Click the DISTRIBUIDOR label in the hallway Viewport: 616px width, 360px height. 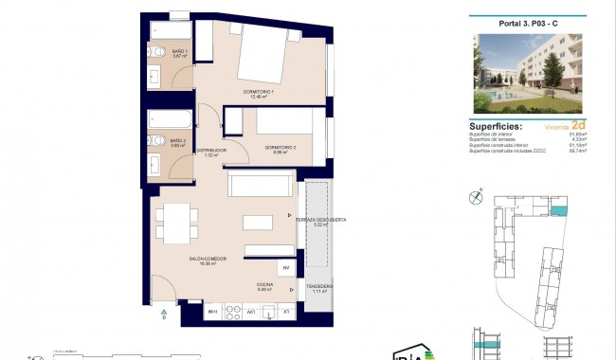pyautogui.click(x=210, y=151)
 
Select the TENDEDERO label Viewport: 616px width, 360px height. pyautogui.click(x=318, y=287)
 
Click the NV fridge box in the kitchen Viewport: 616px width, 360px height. pyautogui.click(x=284, y=269)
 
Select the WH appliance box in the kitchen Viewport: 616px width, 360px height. pyautogui.click(x=213, y=311)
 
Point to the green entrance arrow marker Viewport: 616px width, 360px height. pyautogui.click(x=163, y=311)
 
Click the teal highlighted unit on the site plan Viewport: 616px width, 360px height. pyautogui.click(x=561, y=211)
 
